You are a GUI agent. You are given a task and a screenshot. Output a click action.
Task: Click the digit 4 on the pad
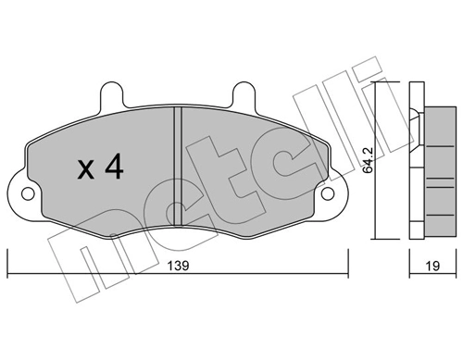point(114,168)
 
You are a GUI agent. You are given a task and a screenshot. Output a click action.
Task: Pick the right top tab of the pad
point(244,94)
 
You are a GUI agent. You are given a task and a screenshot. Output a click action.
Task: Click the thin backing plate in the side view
point(414,162)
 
